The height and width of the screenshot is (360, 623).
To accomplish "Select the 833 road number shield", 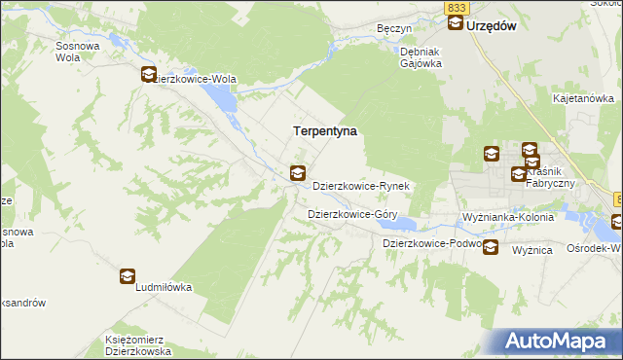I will (x=458, y=7).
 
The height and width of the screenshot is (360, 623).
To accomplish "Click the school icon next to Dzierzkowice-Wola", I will (x=149, y=73).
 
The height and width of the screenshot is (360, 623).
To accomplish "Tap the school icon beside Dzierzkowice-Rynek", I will (x=297, y=174).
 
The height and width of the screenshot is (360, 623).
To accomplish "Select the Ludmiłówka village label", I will (x=163, y=288).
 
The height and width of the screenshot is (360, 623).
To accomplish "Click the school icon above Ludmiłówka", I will (x=128, y=276).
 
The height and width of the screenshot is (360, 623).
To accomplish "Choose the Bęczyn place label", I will (x=394, y=29).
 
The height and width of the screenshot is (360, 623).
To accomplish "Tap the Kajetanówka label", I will (x=582, y=98).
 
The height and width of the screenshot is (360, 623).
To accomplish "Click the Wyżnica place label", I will (x=532, y=250).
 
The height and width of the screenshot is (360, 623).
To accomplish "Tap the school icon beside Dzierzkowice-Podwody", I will (x=491, y=246).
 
